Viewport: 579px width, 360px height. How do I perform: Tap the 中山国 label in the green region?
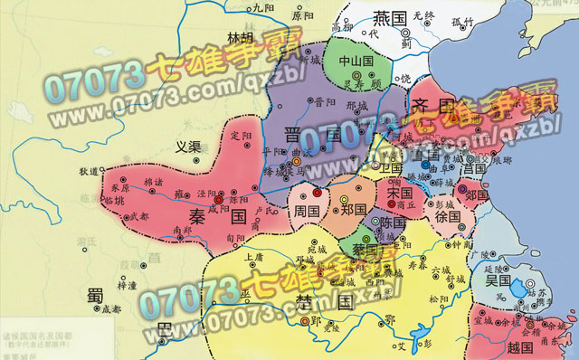[x=355, y=62]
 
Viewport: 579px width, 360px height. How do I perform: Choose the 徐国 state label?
[x=447, y=218]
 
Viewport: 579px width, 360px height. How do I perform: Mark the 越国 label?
[x=523, y=347]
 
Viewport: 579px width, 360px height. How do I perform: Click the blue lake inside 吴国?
[x=517, y=289]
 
